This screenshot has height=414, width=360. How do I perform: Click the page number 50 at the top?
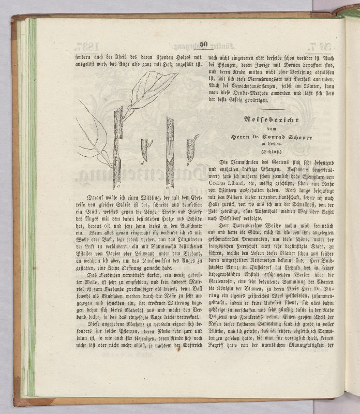click(203, 44)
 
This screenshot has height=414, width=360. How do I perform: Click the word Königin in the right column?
click(224, 288)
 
